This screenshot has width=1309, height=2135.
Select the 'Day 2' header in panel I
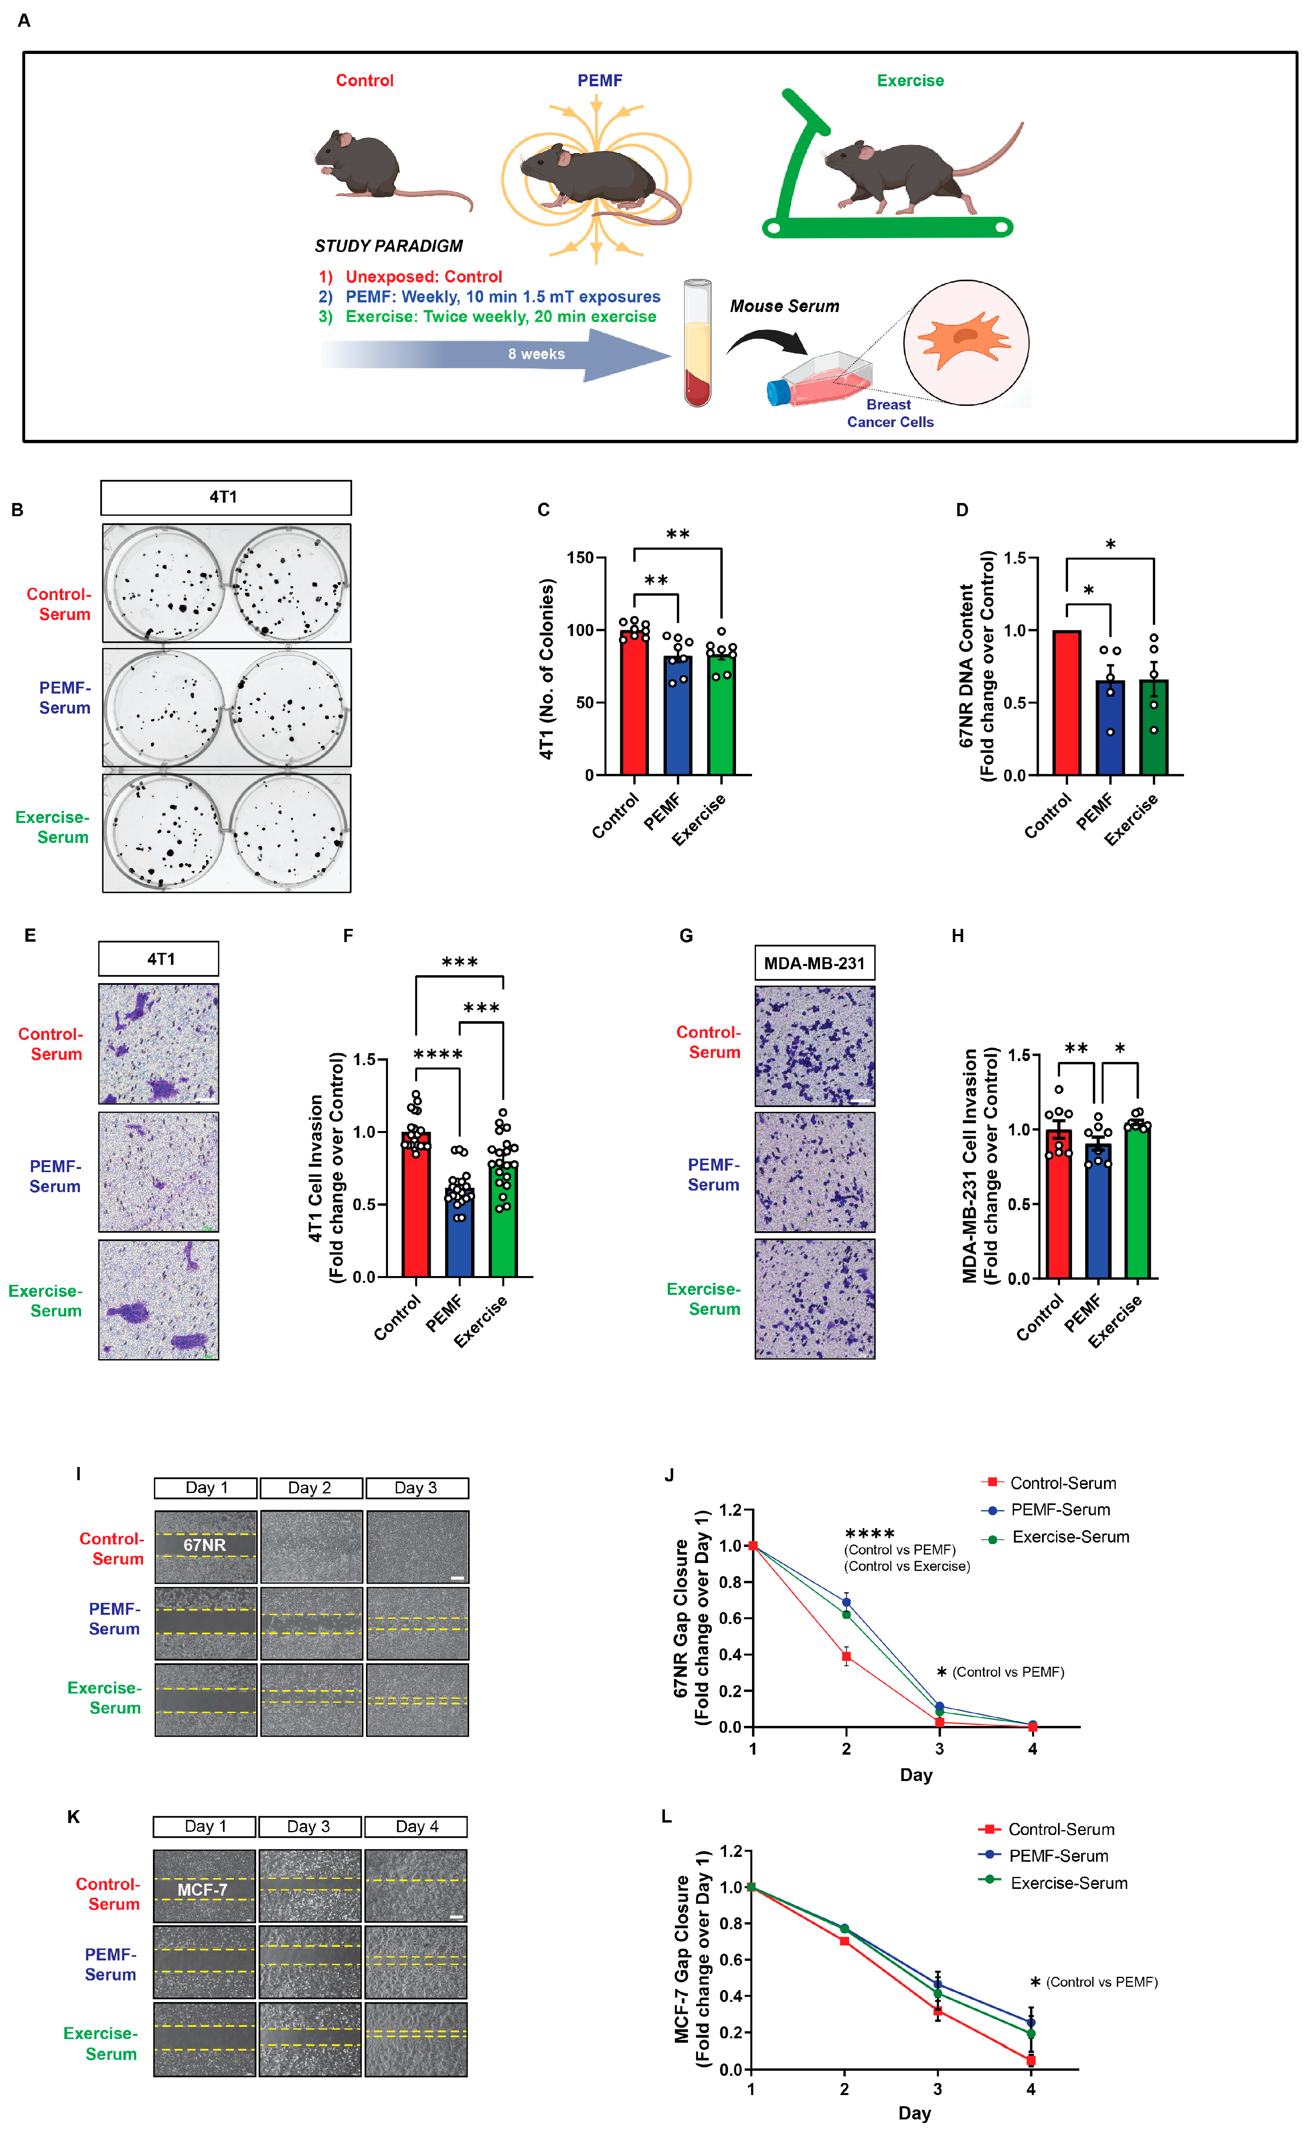[310, 1488]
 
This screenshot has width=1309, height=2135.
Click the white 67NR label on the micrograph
[205, 1545]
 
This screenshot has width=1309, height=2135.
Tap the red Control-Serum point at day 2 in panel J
[846, 1657]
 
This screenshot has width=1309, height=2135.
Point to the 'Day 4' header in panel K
[416, 1827]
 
